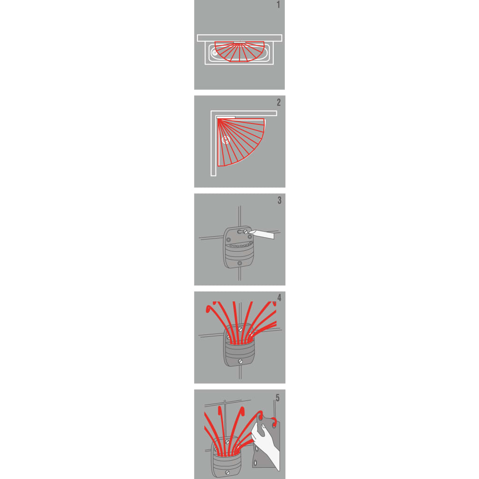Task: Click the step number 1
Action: click(278, 5)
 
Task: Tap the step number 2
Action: click(279, 102)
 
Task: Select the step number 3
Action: click(279, 200)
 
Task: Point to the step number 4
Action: click(279, 298)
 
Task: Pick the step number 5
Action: click(277, 398)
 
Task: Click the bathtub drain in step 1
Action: click(215, 53)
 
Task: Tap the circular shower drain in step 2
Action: click(226, 140)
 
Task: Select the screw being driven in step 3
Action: click(245, 232)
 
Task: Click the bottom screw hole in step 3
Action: click(239, 263)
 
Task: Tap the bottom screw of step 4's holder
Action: click(240, 362)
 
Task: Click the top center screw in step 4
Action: click(240, 329)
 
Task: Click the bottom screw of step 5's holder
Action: click(227, 472)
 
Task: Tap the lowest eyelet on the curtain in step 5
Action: click(255, 464)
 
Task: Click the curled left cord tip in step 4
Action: click(209, 309)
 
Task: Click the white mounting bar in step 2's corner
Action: click(226, 117)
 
